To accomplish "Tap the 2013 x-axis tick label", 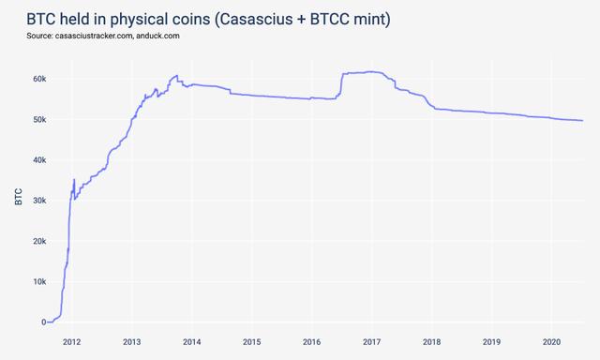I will (132, 341).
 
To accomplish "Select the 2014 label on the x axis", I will (192, 341).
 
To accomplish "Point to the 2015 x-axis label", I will (252, 341).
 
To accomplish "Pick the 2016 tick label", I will (312, 341).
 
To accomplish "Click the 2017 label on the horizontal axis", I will (372, 341).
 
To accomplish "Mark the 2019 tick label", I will (492, 341).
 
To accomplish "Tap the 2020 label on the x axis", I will (552, 341).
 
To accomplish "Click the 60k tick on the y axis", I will (37, 79).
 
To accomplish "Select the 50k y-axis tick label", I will (37, 120).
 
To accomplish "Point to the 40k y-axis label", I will (37, 160).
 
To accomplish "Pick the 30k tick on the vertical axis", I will (37, 201).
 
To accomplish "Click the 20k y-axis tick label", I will (37, 241).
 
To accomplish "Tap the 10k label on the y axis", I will (37, 281).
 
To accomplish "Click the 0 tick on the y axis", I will (42, 322).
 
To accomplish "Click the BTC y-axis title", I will (19, 197).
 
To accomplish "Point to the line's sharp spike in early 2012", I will (74, 180).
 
